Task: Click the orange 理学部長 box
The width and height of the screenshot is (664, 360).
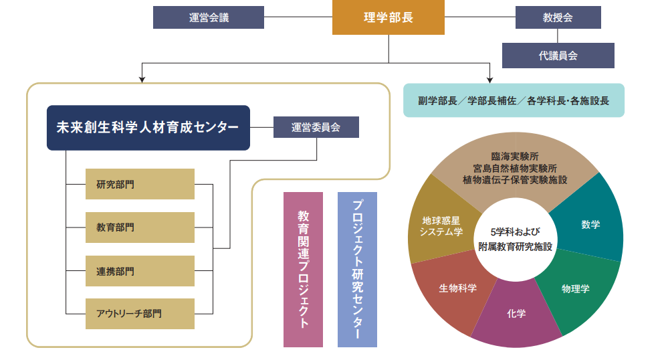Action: click(x=388, y=17)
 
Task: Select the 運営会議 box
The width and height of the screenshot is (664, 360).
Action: click(x=209, y=17)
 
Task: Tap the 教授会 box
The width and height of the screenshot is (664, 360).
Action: click(x=558, y=17)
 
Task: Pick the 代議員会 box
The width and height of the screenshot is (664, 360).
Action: click(x=558, y=56)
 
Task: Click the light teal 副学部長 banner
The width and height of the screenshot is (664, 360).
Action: click(x=514, y=101)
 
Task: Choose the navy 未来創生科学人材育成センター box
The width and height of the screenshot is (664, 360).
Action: click(x=148, y=127)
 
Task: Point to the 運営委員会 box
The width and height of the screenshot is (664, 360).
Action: click(x=316, y=127)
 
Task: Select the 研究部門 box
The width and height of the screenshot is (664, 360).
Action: click(x=140, y=184)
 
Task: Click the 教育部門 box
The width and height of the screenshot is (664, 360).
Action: click(x=140, y=228)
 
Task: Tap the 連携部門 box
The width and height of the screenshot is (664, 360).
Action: click(x=140, y=271)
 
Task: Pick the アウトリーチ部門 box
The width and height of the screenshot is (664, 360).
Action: click(x=140, y=313)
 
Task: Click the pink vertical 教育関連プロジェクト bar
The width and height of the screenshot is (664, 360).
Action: click(x=303, y=270)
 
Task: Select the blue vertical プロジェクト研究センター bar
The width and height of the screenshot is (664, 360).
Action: click(x=357, y=270)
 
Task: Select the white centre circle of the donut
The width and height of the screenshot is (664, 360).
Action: click(x=515, y=238)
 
